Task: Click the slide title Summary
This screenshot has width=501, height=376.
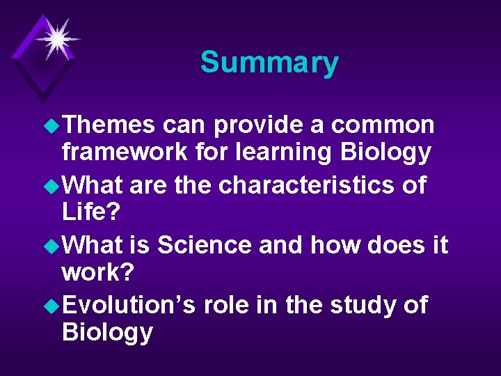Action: tap(269, 63)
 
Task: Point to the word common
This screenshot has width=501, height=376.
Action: tap(383, 125)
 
